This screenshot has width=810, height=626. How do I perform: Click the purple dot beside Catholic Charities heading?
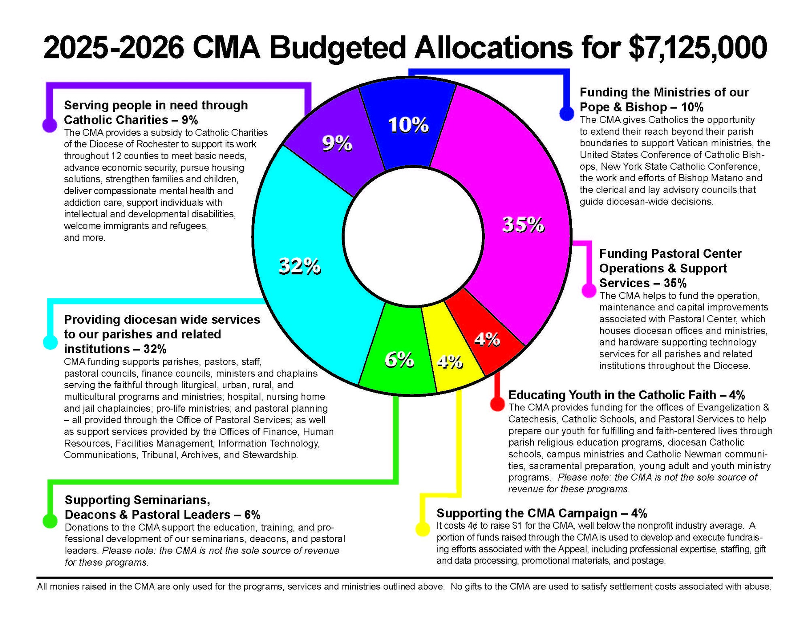[x=49, y=125]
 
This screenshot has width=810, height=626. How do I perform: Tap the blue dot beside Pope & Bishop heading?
[x=567, y=113]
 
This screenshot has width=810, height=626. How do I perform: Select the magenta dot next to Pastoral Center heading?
[x=588, y=291]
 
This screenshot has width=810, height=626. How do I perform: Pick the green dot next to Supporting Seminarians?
[x=50, y=521]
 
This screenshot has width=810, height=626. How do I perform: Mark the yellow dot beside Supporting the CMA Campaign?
[x=422, y=529]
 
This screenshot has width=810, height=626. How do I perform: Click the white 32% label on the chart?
[x=300, y=267]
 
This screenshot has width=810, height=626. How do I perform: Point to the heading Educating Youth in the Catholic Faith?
[x=626, y=395]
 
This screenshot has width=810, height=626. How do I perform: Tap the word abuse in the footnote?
[x=759, y=586]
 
